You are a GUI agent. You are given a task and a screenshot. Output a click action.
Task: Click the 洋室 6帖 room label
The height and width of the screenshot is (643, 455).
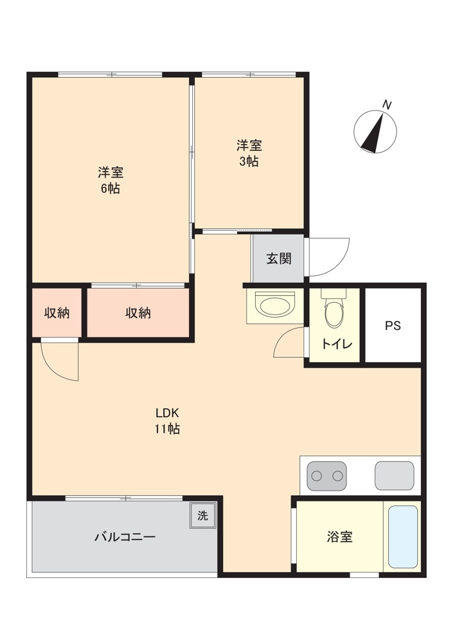coord(111,180)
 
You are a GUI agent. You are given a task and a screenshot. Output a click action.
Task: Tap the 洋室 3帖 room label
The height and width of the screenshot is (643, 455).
coord(249,153)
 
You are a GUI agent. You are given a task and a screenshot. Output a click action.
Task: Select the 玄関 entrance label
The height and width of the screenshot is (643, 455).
coord(279,258)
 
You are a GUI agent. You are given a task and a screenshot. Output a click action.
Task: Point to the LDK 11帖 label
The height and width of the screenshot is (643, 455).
coord(167,421)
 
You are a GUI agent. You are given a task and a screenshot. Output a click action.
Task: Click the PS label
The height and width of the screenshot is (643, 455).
coord(393,325)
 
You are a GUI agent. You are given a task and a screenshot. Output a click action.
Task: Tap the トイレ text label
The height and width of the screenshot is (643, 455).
coord(336,343)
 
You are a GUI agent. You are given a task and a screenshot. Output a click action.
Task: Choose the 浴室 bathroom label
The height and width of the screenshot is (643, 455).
coord(339,536)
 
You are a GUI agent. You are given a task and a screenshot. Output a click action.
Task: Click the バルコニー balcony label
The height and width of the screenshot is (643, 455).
coord(125,537)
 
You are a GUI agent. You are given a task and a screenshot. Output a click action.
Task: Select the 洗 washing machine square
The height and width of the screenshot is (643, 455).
coord(202,516)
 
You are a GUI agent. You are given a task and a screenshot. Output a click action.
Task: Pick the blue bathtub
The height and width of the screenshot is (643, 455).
coord(402,536)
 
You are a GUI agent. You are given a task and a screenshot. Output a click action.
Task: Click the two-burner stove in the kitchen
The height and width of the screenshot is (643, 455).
coord(326,476)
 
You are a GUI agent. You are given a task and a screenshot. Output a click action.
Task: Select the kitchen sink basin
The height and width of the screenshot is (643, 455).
coord(395,476)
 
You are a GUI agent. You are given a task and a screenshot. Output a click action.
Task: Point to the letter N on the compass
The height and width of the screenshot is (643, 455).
coord(386,105)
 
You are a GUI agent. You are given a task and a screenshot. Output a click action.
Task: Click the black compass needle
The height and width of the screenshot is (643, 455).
coord(373,133)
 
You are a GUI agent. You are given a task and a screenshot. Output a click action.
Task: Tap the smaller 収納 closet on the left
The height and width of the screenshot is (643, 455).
coord(57,313)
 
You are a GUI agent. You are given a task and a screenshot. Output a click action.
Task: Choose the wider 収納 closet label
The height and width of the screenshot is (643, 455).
coord(138,313)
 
